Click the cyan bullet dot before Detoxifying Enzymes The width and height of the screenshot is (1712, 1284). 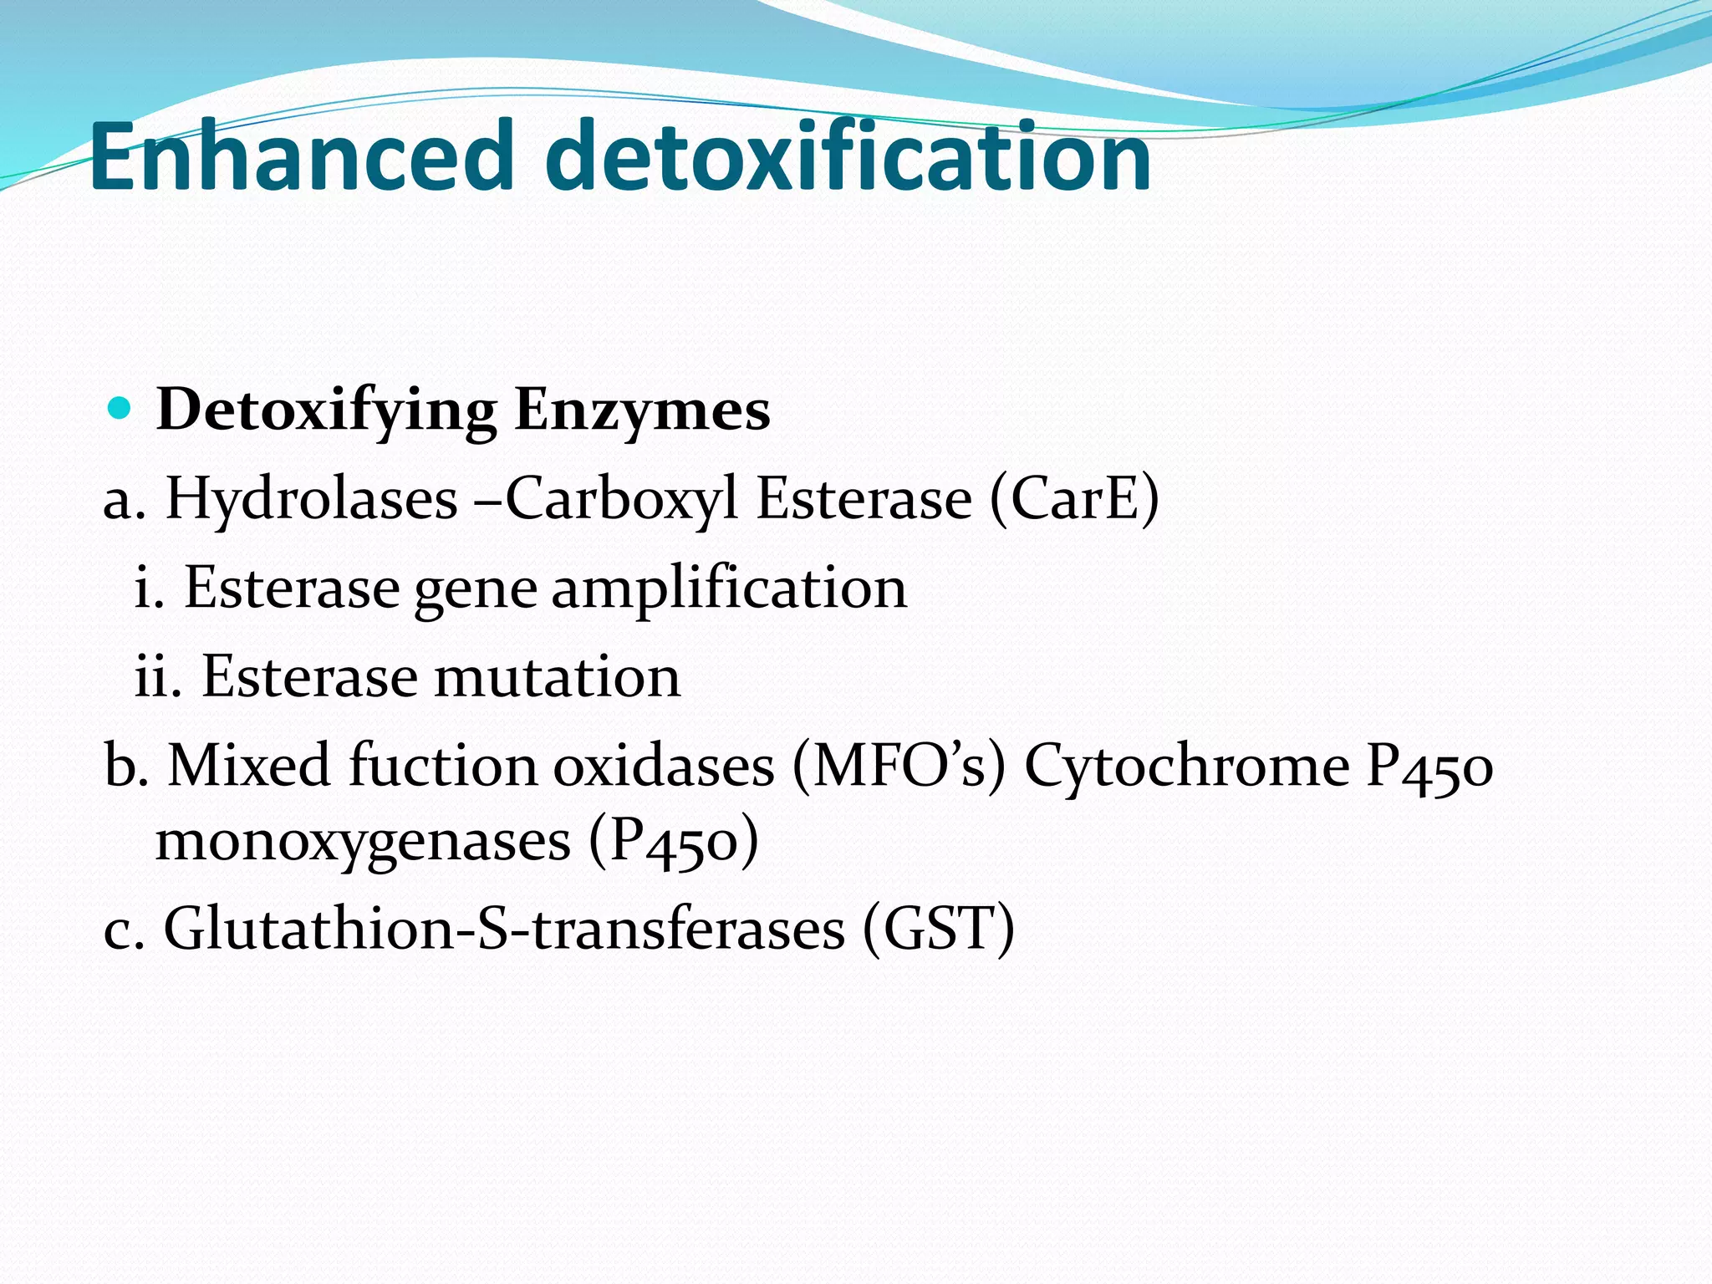[x=120, y=409]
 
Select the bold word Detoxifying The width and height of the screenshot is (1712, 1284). [x=326, y=411]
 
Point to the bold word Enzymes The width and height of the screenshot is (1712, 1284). [x=642, y=411]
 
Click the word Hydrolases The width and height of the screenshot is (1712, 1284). [x=311, y=499]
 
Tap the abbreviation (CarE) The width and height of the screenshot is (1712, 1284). [x=1074, y=499]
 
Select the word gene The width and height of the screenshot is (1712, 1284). [x=476, y=589]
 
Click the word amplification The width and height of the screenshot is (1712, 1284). [x=729, y=589]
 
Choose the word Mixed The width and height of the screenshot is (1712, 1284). [x=249, y=765]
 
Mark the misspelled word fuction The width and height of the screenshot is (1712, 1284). [x=443, y=765]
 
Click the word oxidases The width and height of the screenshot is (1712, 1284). [x=664, y=765]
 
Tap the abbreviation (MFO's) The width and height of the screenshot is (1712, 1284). [x=899, y=765]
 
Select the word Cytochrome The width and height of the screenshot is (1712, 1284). [x=1186, y=765]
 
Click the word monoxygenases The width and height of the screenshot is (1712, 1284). [x=363, y=841]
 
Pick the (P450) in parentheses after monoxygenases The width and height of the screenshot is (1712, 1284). [x=674, y=841]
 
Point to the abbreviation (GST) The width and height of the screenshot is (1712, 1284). [x=939, y=929]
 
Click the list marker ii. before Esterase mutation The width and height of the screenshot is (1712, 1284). [x=158, y=677]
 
